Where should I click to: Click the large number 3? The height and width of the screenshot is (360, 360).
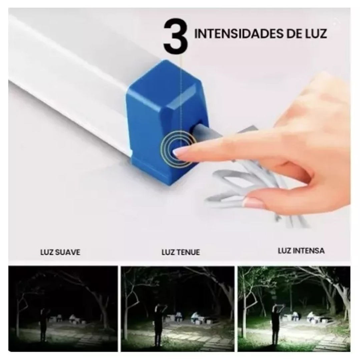coord(175,36)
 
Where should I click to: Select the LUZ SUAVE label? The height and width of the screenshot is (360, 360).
coord(60,252)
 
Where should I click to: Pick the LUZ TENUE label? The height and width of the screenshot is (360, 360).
coord(181,252)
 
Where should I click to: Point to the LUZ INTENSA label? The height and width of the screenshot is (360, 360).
coord(301,251)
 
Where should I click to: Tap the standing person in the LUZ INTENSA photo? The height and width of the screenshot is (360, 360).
coord(276,324)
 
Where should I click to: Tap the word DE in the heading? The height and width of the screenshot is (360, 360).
coord(294,34)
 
